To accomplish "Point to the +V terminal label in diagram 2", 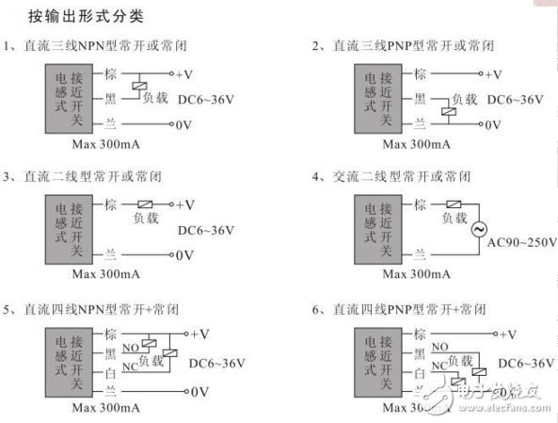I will (x=491, y=74).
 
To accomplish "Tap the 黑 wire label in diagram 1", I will (x=110, y=98).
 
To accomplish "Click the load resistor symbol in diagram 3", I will (x=146, y=203).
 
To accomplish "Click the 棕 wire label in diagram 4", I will (x=420, y=203).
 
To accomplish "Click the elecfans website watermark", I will (x=499, y=390).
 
